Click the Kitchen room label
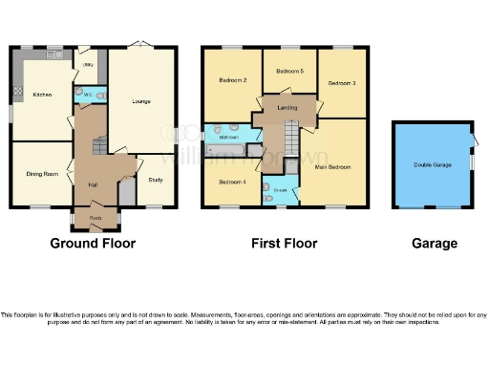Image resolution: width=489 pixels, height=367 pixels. click(x=42, y=95)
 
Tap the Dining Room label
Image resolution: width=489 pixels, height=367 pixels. click(x=42, y=174)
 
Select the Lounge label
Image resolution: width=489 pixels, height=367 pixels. click(x=141, y=101)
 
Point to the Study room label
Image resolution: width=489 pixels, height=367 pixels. click(x=156, y=180)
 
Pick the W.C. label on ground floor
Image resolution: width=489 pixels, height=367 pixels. click(x=87, y=96)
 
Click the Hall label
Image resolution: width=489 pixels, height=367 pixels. click(x=94, y=183)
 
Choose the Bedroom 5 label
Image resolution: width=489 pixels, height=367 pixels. click(x=289, y=72)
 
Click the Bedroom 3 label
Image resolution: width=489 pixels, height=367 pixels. click(x=342, y=84)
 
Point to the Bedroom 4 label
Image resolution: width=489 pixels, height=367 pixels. click(x=232, y=182)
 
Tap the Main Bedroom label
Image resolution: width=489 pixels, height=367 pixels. click(x=332, y=166)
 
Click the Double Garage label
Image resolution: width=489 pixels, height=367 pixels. click(x=432, y=166)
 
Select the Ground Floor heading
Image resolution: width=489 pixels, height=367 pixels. click(x=93, y=244)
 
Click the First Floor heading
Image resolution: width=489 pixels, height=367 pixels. click(x=284, y=244)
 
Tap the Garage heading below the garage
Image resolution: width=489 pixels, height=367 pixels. click(x=435, y=244)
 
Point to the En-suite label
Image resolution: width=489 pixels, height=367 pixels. click(x=281, y=190)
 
